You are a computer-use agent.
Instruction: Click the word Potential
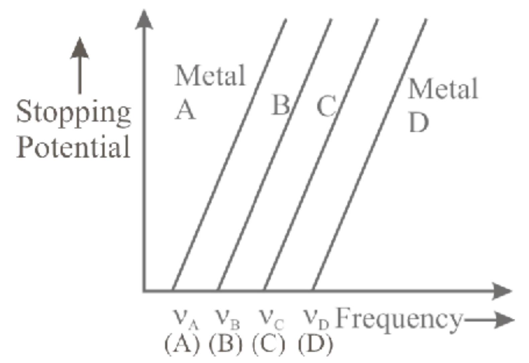[73, 147]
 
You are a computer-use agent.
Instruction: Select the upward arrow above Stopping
[80, 65]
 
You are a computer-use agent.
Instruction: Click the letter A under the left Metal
[185, 110]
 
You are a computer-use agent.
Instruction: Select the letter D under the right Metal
[418, 123]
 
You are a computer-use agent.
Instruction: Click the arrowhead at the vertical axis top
[144, 19]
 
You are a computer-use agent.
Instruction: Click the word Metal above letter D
[443, 89]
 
